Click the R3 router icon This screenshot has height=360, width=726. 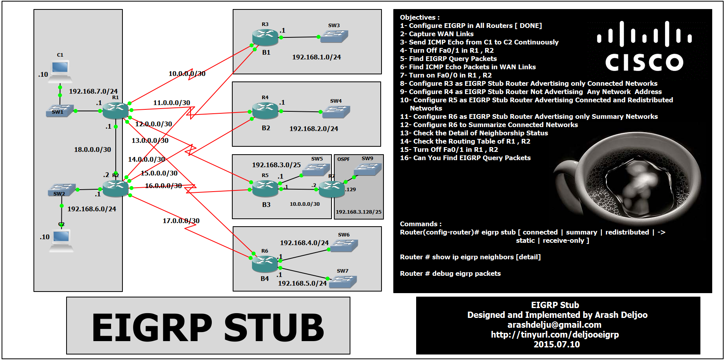265,37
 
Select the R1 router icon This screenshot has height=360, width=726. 115,111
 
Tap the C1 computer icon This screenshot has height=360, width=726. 60,70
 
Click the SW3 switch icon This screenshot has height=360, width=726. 334,36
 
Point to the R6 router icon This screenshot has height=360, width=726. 265,264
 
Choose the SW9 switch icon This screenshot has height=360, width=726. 367,169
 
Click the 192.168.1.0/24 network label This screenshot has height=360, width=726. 316,57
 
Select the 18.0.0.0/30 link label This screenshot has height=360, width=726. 93,150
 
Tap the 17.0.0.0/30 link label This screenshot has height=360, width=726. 181,221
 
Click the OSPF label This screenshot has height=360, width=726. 343,159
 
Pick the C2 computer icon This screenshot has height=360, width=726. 61,240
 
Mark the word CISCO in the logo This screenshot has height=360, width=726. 644,63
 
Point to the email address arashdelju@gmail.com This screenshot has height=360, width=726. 554,325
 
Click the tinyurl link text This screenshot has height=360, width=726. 554,334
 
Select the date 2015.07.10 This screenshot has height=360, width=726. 556,344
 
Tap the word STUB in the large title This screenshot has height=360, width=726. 274,327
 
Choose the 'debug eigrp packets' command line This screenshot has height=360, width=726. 450,273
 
